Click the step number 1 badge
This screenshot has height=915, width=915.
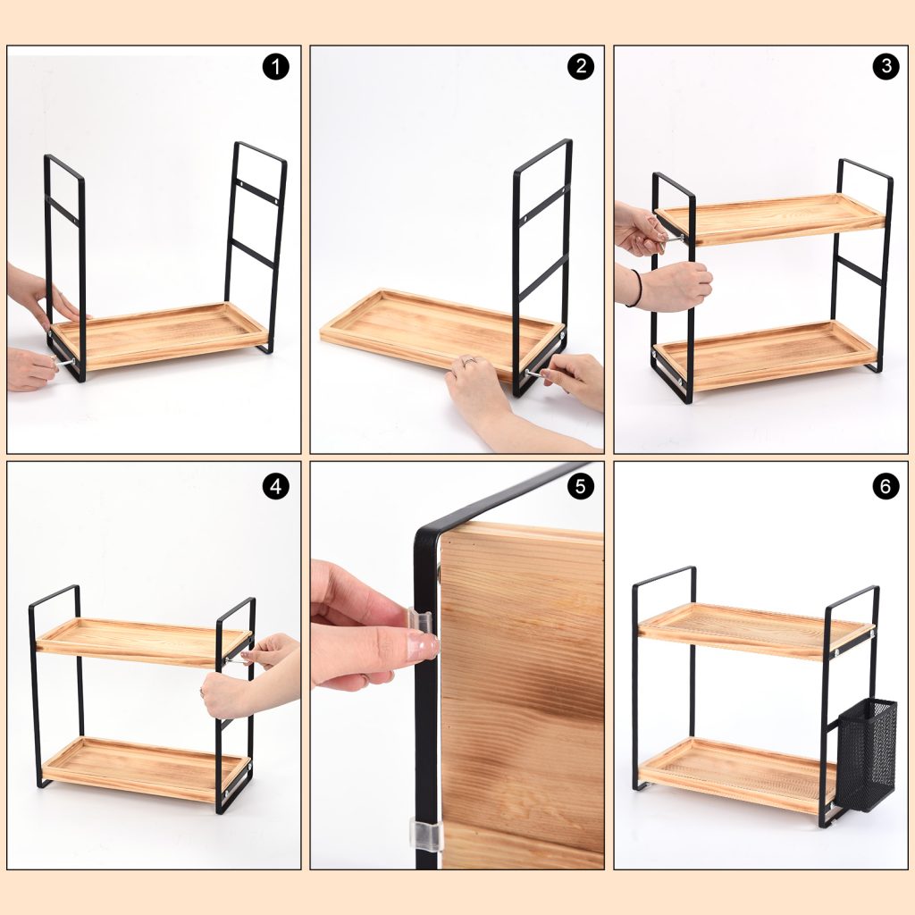click(275, 66)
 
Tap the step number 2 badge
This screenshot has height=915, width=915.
click(581, 66)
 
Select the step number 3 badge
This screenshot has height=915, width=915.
click(886, 66)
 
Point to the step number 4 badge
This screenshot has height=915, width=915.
click(275, 486)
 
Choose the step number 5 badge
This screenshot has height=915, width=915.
click(581, 486)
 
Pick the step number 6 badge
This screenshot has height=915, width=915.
click(886, 486)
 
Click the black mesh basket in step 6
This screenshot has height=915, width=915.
click(867, 756)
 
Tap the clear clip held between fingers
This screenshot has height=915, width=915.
click(419, 621)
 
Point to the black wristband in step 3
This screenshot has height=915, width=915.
click(636, 288)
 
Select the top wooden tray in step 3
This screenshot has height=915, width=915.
click(770, 219)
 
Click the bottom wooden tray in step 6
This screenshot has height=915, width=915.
click(739, 775)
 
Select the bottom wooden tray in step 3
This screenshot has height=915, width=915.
click(765, 354)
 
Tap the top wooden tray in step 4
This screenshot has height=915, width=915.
click(144, 642)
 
